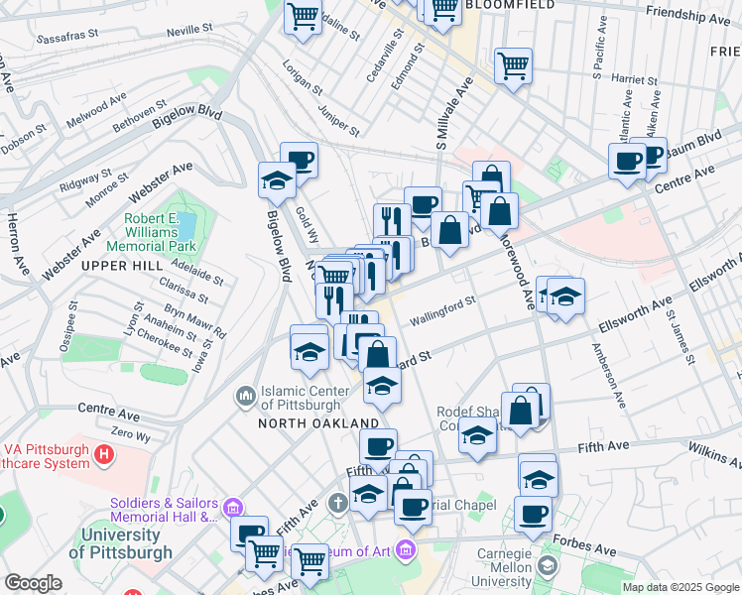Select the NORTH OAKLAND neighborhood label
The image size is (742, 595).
tap(305, 422)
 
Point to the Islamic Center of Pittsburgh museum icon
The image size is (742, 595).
tap(246, 397)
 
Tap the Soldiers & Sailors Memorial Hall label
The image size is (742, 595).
tap(164, 509)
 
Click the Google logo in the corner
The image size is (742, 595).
tap(33, 583)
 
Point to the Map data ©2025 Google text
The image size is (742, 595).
tap(680, 587)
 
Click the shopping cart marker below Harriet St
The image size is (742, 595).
tap(513, 67)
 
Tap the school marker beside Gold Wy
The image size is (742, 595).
tap(277, 180)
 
